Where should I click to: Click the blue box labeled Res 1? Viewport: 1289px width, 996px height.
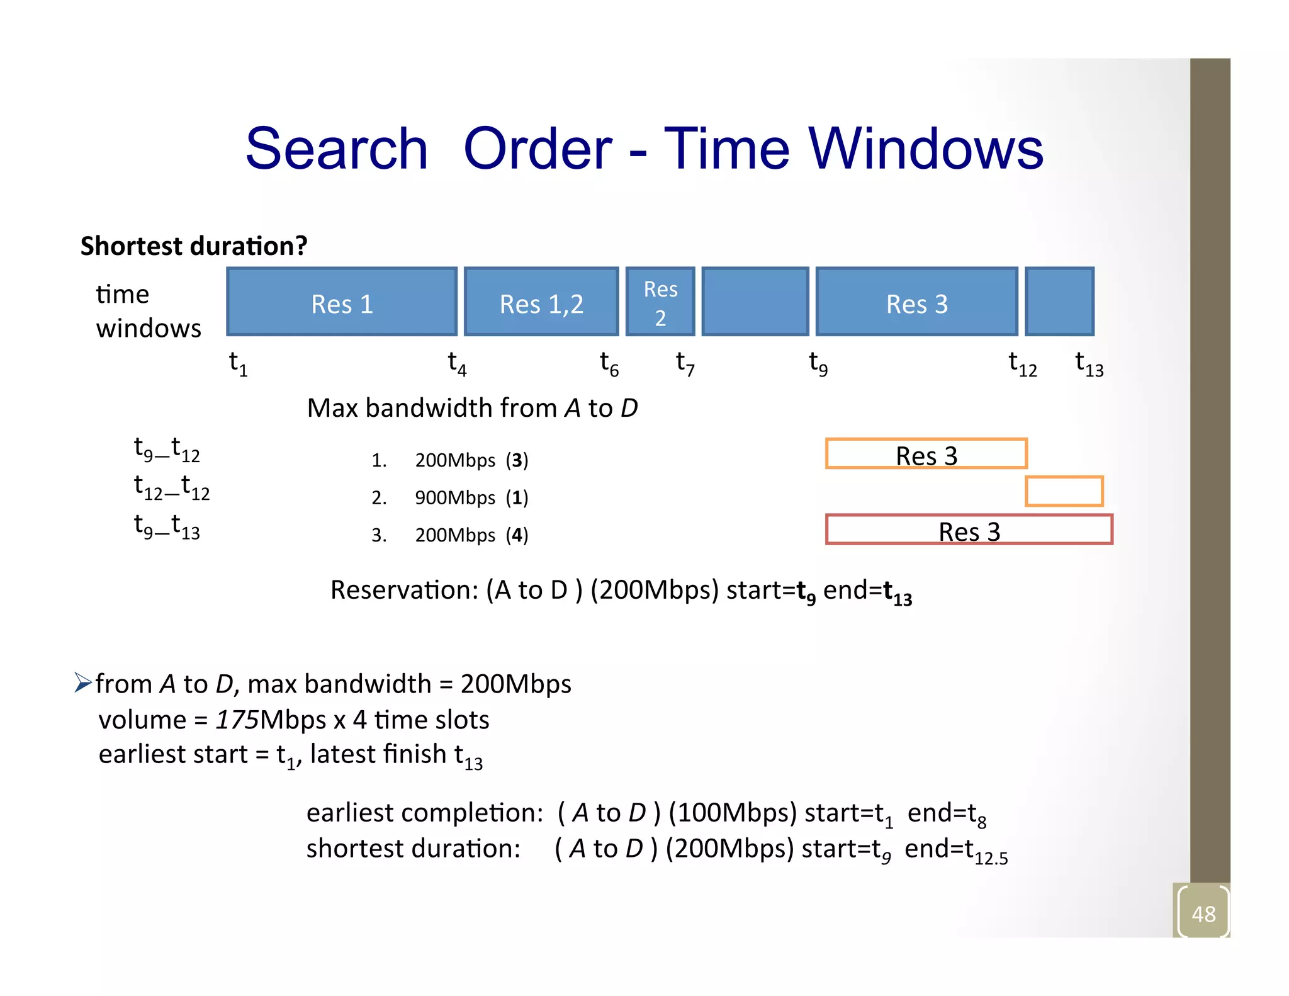(342, 302)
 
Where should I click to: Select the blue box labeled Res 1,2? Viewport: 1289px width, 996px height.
(541, 302)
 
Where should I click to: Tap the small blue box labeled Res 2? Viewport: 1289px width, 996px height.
(660, 302)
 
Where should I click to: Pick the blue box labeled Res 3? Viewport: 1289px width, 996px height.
(916, 302)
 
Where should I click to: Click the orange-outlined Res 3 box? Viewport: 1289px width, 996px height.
(926, 454)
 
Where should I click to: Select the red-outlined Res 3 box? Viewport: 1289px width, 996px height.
(969, 529)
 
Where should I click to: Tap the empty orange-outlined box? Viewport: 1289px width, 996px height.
(1064, 491)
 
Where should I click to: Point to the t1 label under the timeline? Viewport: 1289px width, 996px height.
(238, 364)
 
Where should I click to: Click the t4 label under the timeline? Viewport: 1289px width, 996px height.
(457, 364)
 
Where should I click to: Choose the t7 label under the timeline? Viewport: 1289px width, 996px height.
(685, 364)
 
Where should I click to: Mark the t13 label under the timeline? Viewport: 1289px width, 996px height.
(1089, 364)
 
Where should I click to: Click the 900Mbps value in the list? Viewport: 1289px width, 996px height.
(455, 498)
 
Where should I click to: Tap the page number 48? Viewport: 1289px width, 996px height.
(1203, 914)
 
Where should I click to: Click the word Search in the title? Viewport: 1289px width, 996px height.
(336, 149)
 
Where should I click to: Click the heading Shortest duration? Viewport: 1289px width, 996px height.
(194, 246)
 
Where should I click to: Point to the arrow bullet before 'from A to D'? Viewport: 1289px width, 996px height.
(82, 682)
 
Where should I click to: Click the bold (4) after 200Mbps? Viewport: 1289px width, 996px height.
(517, 535)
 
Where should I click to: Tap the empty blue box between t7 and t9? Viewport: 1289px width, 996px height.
(755, 302)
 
